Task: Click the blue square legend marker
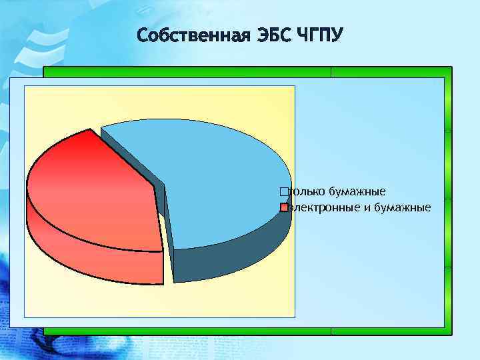285,192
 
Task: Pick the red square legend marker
285,207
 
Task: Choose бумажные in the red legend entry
402,207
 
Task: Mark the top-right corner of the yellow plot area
295,86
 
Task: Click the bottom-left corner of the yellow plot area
25,317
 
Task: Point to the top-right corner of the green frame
451,67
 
